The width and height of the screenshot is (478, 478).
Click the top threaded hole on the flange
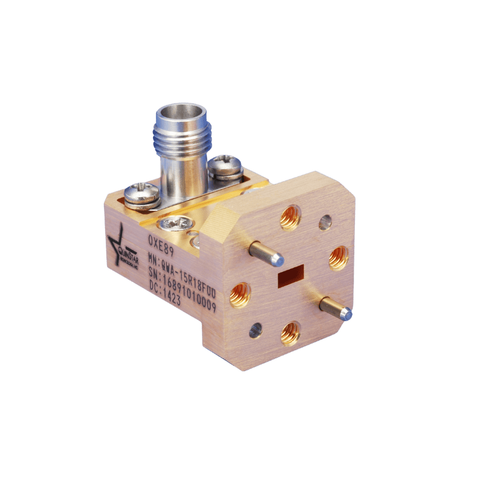tap(290, 217)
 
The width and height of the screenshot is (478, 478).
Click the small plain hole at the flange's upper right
tap(325, 223)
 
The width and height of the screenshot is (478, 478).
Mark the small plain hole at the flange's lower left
tap(255, 330)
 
